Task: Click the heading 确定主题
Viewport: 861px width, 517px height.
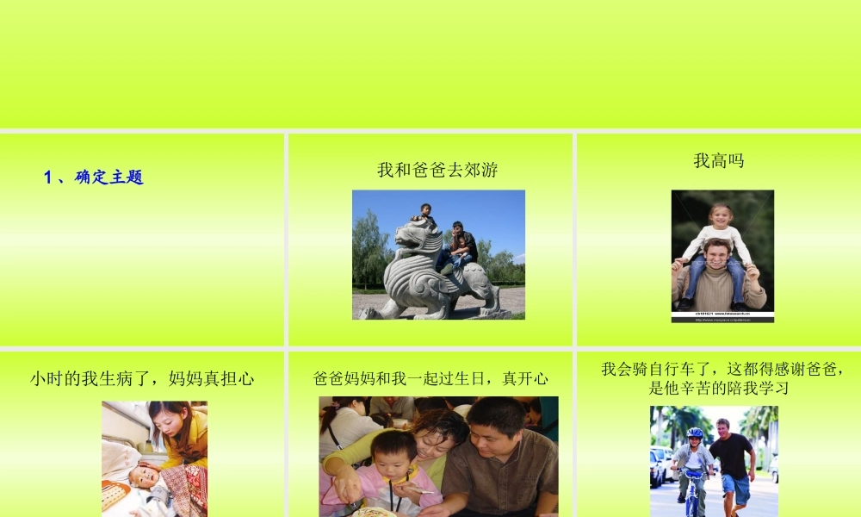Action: click(x=109, y=178)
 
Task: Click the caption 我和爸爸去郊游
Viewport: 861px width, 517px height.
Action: click(x=437, y=170)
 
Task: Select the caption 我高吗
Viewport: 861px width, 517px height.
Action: click(x=718, y=160)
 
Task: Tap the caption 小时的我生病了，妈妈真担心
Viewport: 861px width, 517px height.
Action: click(x=142, y=378)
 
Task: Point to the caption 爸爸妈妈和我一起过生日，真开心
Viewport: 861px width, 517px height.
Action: click(x=430, y=378)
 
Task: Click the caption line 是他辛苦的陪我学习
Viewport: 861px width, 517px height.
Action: click(x=718, y=388)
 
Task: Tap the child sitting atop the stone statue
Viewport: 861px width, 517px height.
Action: click(x=424, y=215)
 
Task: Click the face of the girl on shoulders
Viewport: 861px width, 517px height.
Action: click(x=719, y=215)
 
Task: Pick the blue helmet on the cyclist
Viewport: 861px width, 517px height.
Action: click(x=695, y=433)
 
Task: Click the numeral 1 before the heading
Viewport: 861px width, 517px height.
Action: click(x=48, y=178)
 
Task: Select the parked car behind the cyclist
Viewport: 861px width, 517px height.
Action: click(x=660, y=465)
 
